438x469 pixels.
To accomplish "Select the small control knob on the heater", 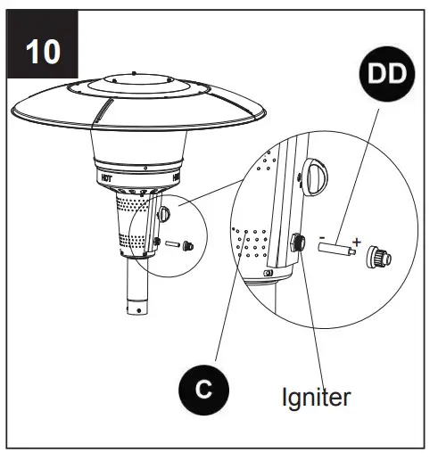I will [x=165, y=215].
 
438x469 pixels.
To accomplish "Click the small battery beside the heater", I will [x=171, y=246].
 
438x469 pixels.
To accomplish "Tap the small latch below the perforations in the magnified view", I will [x=267, y=272].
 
